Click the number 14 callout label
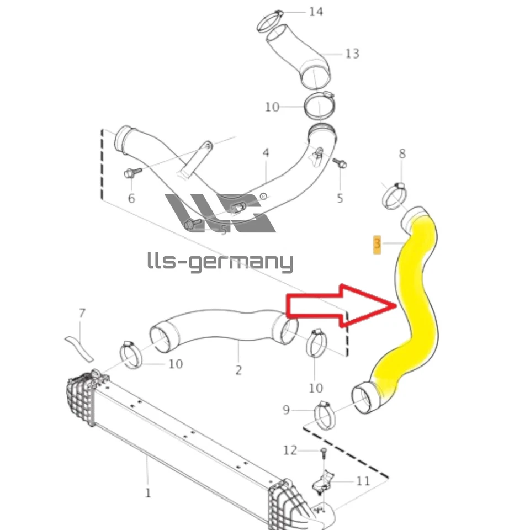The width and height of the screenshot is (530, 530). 316,12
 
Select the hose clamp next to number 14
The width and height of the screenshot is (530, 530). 270,22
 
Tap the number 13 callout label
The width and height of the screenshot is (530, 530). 352,54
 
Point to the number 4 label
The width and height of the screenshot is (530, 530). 266,152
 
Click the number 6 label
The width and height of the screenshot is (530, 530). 131,198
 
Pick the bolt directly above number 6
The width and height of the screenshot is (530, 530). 130,173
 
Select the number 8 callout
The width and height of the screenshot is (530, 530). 402,153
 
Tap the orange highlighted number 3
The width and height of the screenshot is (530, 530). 378,243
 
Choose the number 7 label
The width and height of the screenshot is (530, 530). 82,314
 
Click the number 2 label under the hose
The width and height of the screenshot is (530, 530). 239,370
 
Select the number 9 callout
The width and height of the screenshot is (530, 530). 286,410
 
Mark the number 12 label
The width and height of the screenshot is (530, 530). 290,451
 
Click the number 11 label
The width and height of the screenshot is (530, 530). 363,481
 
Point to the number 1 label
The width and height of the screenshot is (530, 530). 147,492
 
